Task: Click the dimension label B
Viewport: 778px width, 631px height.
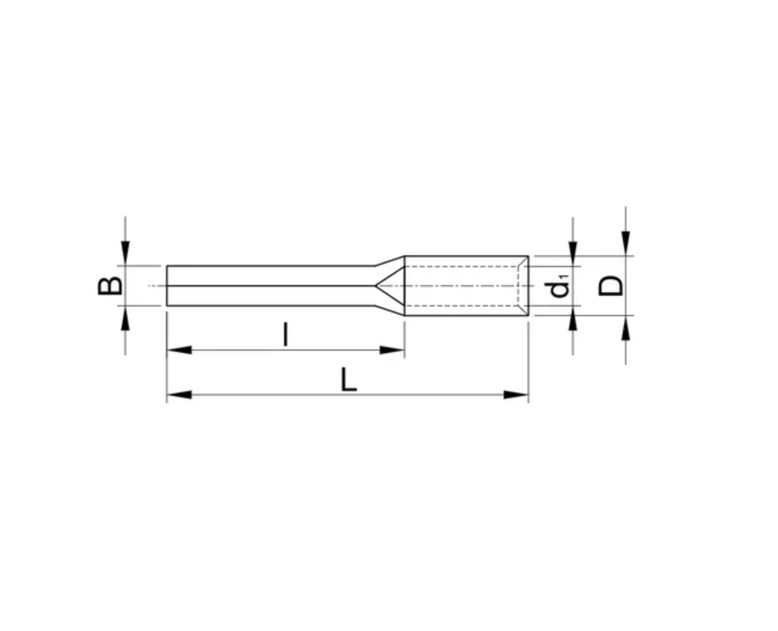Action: tap(110, 286)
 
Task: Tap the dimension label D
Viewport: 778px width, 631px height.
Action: tap(610, 286)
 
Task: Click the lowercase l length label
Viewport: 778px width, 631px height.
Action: tap(286, 334)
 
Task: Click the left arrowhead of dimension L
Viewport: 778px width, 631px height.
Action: tap(180, 395)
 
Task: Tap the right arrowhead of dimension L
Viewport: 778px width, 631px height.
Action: tap(515, 395)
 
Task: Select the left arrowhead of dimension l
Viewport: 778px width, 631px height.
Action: tap(180, 350)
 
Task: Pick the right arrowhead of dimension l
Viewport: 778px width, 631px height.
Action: tap(392, 350)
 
